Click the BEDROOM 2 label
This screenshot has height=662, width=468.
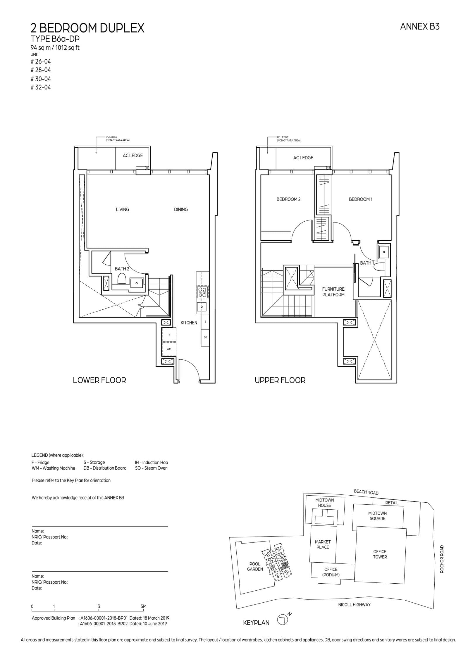288,199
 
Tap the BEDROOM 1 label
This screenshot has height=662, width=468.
360,199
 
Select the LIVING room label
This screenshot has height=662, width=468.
122,209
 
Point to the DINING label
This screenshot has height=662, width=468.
180,209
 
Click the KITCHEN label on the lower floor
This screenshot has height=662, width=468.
189,323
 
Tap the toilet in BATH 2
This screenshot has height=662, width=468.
122,279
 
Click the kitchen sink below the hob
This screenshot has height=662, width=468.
202,306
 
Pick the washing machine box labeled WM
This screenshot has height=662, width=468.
169,349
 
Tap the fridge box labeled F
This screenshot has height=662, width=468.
169,335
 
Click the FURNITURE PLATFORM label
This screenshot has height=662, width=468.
333,292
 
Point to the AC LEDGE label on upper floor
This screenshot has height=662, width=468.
303,158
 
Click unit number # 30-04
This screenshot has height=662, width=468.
41,79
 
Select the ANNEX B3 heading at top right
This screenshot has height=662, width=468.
419,27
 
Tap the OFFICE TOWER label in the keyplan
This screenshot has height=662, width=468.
380,554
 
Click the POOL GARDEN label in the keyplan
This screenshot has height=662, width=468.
255,566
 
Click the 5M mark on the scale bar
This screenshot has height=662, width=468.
143,606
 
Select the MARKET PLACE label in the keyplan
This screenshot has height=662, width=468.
322,544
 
